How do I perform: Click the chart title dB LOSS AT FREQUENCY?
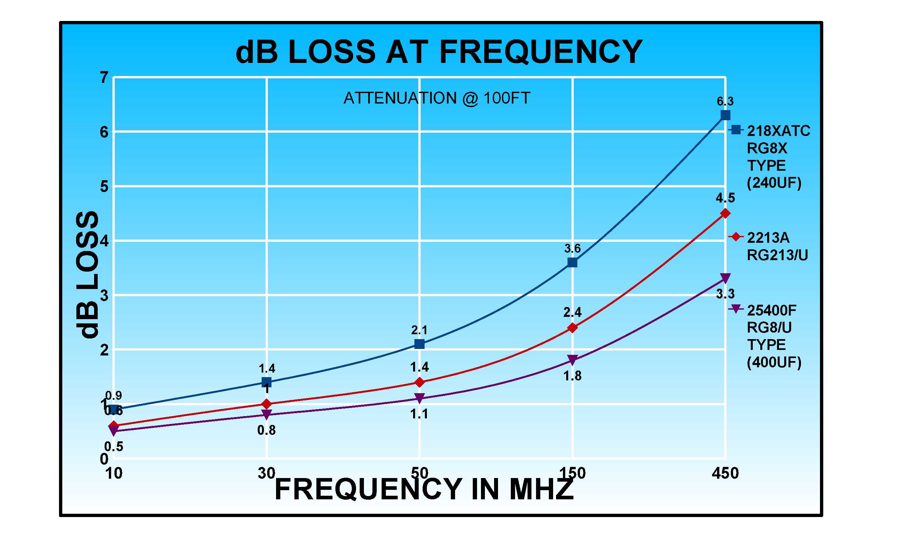[x=439, y=52]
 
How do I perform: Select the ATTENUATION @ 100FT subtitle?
[x=437, y=98]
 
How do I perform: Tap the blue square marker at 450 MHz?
[x=725, y=115]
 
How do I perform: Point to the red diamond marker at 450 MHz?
[x=725, y=213]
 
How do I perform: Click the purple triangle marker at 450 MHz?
[x=725, y=278]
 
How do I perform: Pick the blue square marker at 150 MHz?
[x=572, y=262]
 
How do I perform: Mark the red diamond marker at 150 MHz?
[x=572, y=328]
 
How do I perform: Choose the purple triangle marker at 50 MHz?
[x=420, y=398]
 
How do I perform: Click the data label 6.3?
[x=725, y=101]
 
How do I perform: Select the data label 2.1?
[x=420, y=330]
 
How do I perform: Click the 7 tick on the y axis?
[x=104, y=78]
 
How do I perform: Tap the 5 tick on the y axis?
[x=104, y=186]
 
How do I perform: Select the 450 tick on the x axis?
[x=725, y=473]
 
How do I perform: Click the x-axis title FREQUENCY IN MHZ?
[x=424, y=489]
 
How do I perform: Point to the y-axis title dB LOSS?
[x=87, y=275]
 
